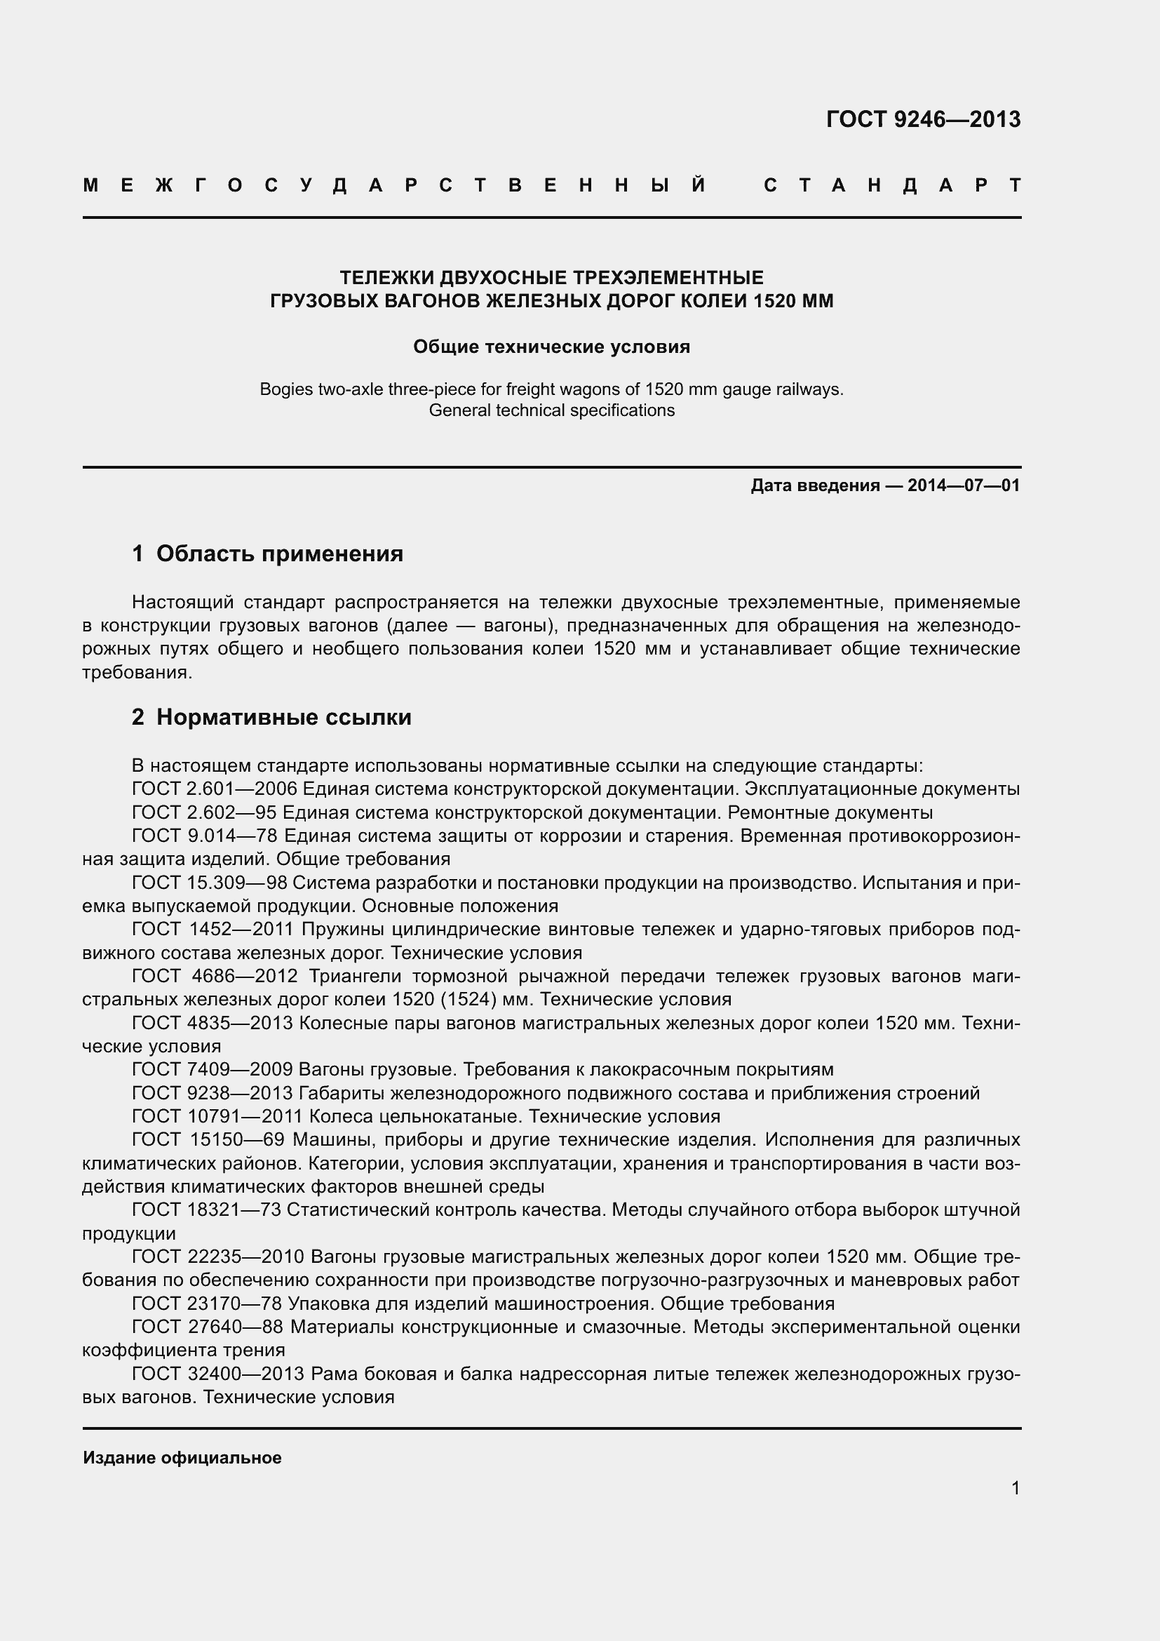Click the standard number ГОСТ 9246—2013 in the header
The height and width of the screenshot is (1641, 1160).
(923, 119)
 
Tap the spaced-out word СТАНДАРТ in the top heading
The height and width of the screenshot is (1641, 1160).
(892, 186)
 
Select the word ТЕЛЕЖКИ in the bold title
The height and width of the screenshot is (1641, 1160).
(386, 277)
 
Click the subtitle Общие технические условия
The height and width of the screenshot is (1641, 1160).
(551, 347)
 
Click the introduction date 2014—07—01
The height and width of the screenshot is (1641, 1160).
(964, 486)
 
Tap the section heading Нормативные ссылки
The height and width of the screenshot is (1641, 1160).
(283, 717)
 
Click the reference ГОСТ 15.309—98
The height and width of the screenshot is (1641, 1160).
(209, 883)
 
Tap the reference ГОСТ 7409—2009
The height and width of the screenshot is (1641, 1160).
(212, 1070)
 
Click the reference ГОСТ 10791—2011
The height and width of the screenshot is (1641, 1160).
(217, 1116)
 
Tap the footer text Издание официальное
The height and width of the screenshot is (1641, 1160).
(182, 1457)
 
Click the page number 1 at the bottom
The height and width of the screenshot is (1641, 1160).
(1015, 1488)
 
